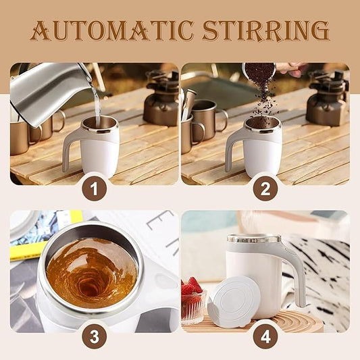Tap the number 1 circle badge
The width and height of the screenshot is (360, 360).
click(x=95, y=187)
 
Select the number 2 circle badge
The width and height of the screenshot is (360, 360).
click(x=265, y=187)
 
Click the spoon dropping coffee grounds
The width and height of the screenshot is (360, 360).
click(x=260, y=73)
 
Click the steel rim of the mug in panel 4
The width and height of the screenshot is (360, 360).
click(x=253, y=238)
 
